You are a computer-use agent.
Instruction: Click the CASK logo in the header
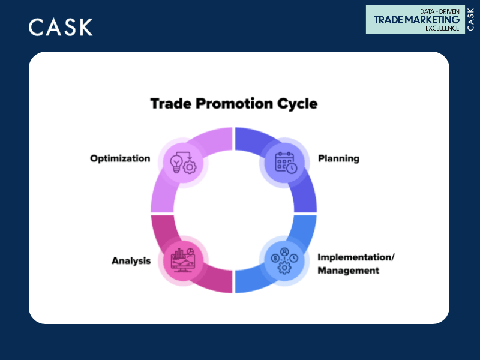(x=61, y=27)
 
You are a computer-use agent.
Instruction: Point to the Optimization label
(x=120, y=158)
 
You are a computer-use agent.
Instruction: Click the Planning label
(x=338, y=158)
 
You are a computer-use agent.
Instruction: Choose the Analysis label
(x=131, y=260)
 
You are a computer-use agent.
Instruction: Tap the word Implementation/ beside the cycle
(x=356, y=257)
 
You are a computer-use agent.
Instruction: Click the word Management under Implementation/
(x=348, y=271)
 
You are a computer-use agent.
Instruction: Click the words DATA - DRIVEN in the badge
(x=437, y=10)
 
